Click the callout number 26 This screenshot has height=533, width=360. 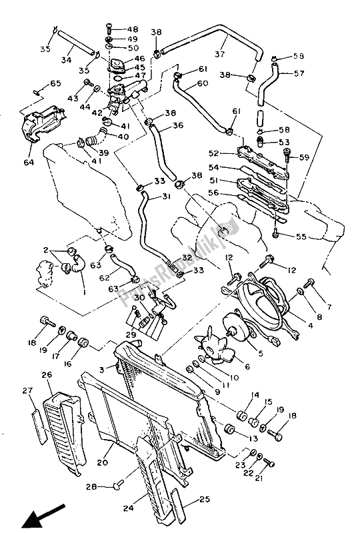[x=46, y=375]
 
